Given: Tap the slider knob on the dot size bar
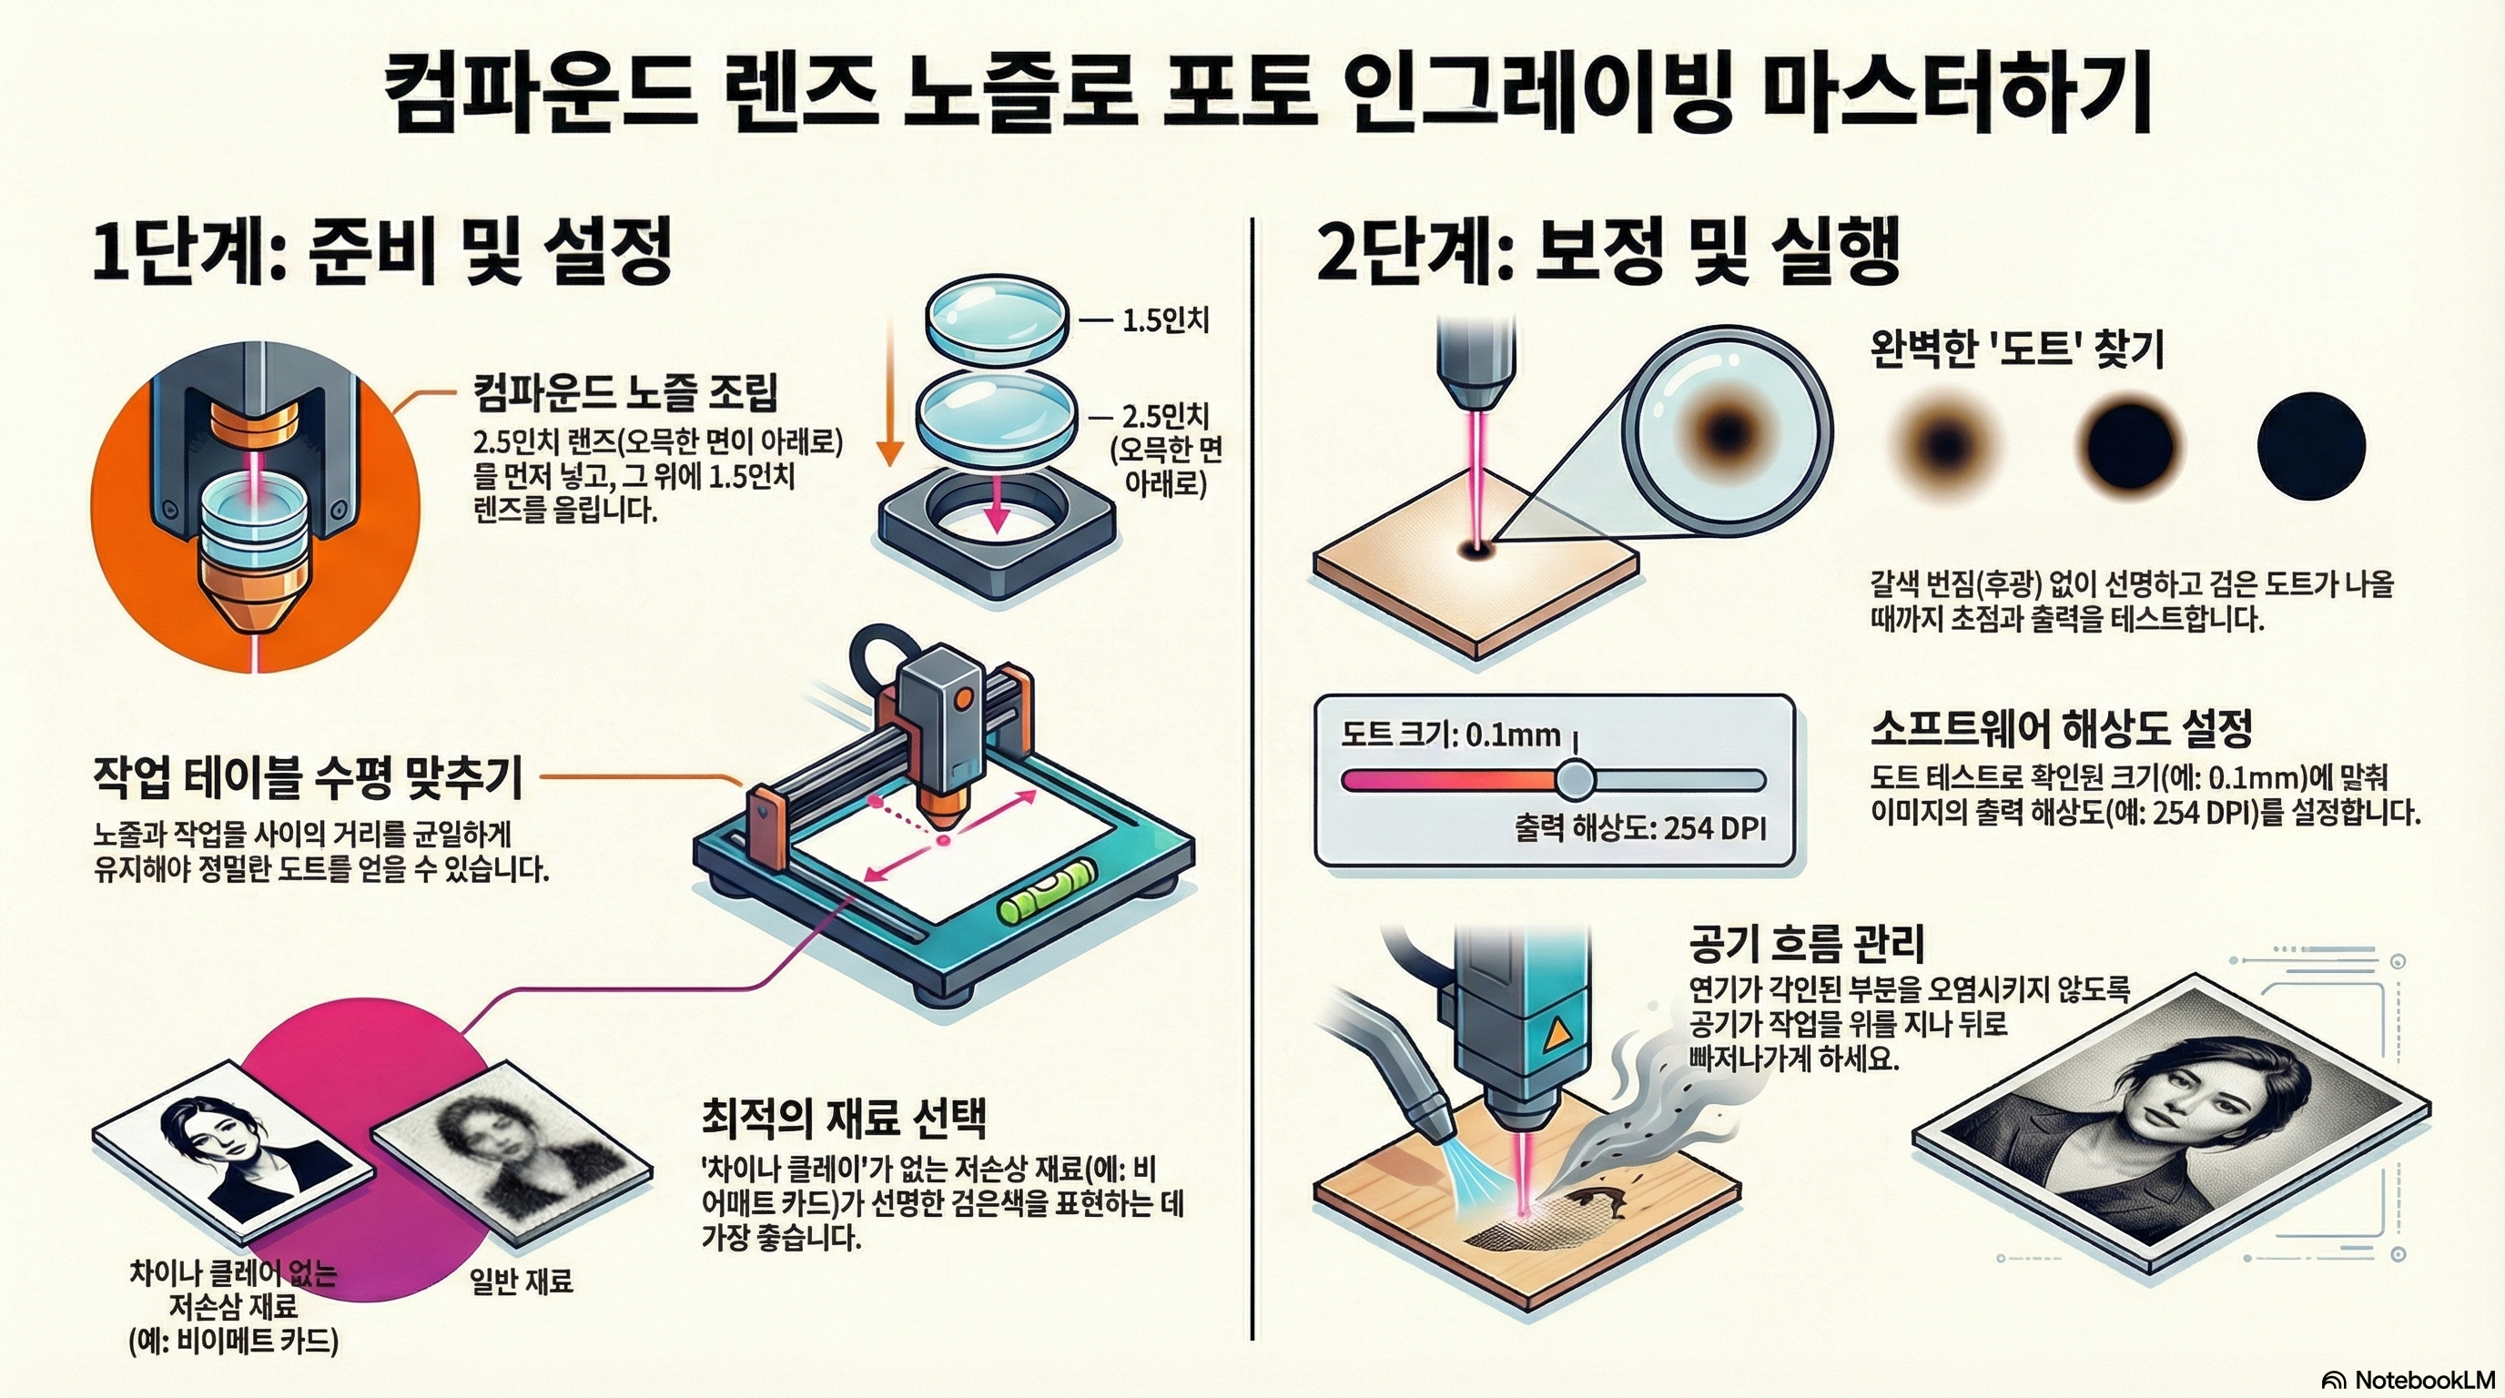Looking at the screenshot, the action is pyautogui.click(x=1574, y=780).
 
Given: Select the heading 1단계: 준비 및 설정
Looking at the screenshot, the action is pyautogui.click(x=382, y=252).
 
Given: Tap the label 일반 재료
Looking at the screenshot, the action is pyautogui.click(x=522, y=1281).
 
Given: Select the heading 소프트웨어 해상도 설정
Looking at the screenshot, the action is pyautogui.click(x=2062, y=726).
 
